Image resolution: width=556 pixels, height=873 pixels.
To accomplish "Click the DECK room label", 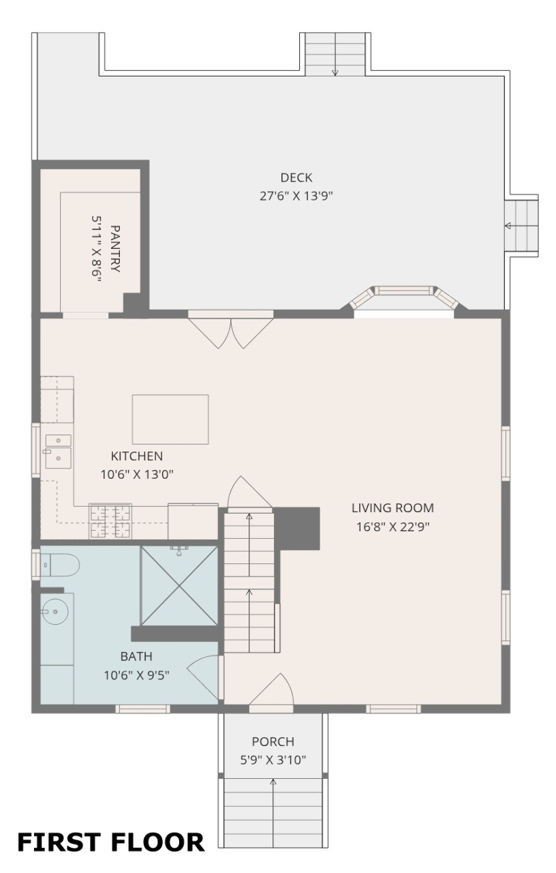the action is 296,178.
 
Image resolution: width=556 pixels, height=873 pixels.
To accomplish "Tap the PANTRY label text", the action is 115,248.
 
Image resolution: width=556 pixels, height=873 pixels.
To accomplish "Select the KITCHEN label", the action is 137,456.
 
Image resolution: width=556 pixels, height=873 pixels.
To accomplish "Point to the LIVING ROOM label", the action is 392,508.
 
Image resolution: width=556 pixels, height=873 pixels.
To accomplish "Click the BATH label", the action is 136,656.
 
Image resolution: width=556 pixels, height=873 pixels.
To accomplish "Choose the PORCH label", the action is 273,741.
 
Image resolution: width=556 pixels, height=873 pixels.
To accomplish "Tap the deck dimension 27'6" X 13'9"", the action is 296,196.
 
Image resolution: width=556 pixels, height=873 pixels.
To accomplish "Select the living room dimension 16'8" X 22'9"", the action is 393,527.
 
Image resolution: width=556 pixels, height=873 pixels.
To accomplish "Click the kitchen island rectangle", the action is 170,419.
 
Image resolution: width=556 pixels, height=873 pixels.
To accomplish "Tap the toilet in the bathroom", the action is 60,565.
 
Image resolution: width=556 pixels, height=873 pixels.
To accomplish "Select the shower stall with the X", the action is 179,586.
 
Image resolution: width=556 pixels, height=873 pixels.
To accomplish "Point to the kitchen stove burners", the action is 110,522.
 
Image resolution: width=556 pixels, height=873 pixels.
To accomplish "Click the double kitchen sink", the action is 59,452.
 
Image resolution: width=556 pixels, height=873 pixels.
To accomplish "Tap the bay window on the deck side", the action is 404,298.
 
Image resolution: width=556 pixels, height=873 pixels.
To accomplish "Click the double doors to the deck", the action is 231,329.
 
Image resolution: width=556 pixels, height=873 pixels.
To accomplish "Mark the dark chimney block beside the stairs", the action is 296,529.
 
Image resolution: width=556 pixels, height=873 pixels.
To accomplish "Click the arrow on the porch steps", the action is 273,810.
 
